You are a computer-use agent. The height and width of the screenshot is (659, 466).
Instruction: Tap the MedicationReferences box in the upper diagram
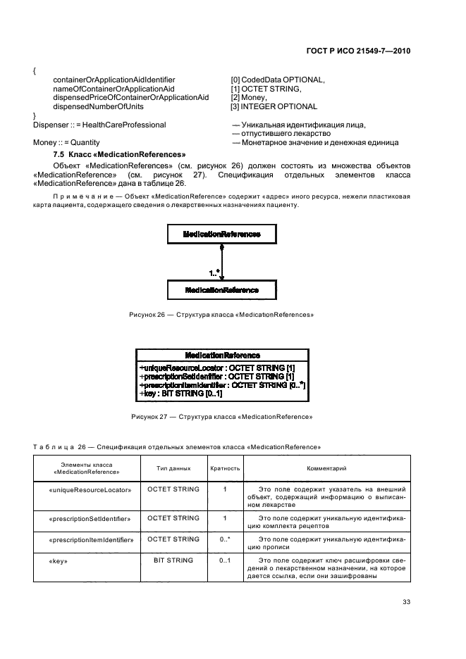pos(221,234)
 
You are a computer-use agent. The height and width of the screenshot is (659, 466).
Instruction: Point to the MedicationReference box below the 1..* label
pos(221,290)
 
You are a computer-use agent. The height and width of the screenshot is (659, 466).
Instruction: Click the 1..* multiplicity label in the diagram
pos(213,271)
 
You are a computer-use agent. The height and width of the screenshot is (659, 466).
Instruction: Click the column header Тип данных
pos(173,467)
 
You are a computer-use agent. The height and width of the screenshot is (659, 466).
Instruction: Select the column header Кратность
pos(225,467)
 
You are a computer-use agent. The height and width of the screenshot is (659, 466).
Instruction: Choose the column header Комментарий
pos(325,467)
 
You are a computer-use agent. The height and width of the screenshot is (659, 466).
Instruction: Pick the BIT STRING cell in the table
pos(173,560)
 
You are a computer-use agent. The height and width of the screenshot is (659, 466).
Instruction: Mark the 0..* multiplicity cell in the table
pos(225,540)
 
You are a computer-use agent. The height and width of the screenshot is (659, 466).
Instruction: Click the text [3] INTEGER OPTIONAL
pos(274,106)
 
